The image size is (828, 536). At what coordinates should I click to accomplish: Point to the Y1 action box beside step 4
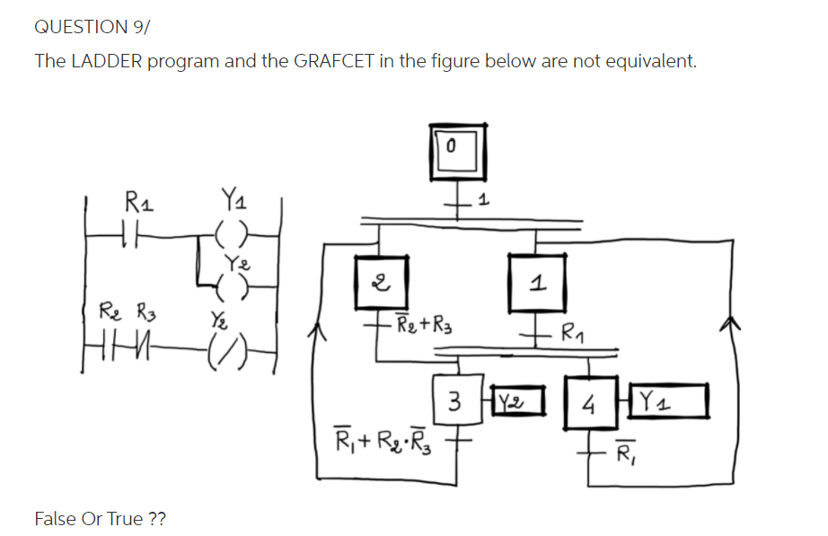pyautogui.click(x=669, y=399)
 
